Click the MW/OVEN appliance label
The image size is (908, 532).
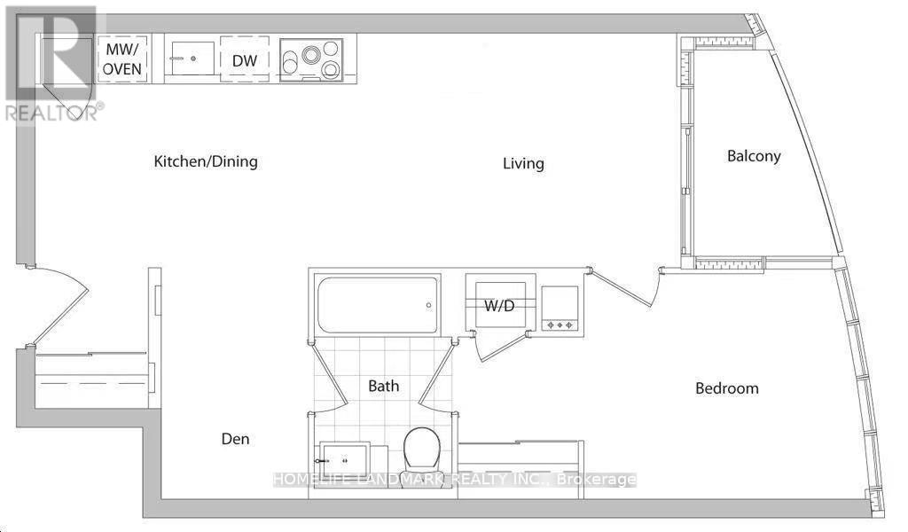tap(122, 59)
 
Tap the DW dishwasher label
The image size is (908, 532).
tap(245, 60)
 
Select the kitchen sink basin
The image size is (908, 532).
tap(192, 58)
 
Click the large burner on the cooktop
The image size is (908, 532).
tap(309, 56)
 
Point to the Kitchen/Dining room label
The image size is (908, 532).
tap(206, 161)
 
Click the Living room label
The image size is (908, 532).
tap(523, 163)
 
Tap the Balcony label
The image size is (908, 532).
tap(754, 156)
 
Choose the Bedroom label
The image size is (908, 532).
tap(727, 387)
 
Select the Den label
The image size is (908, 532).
tap(235, 439)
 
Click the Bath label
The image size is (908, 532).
tap(383, 386)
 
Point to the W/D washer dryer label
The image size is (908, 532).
tap(499, 305)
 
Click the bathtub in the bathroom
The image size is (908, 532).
tap(378, 305)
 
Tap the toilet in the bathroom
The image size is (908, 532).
tap(422, 451)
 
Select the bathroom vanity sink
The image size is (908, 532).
tap(345, 462)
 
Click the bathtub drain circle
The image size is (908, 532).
tap(429, 305)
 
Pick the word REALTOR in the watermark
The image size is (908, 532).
tap(51, 113)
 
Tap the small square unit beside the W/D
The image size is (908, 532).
tap(560, 309)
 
